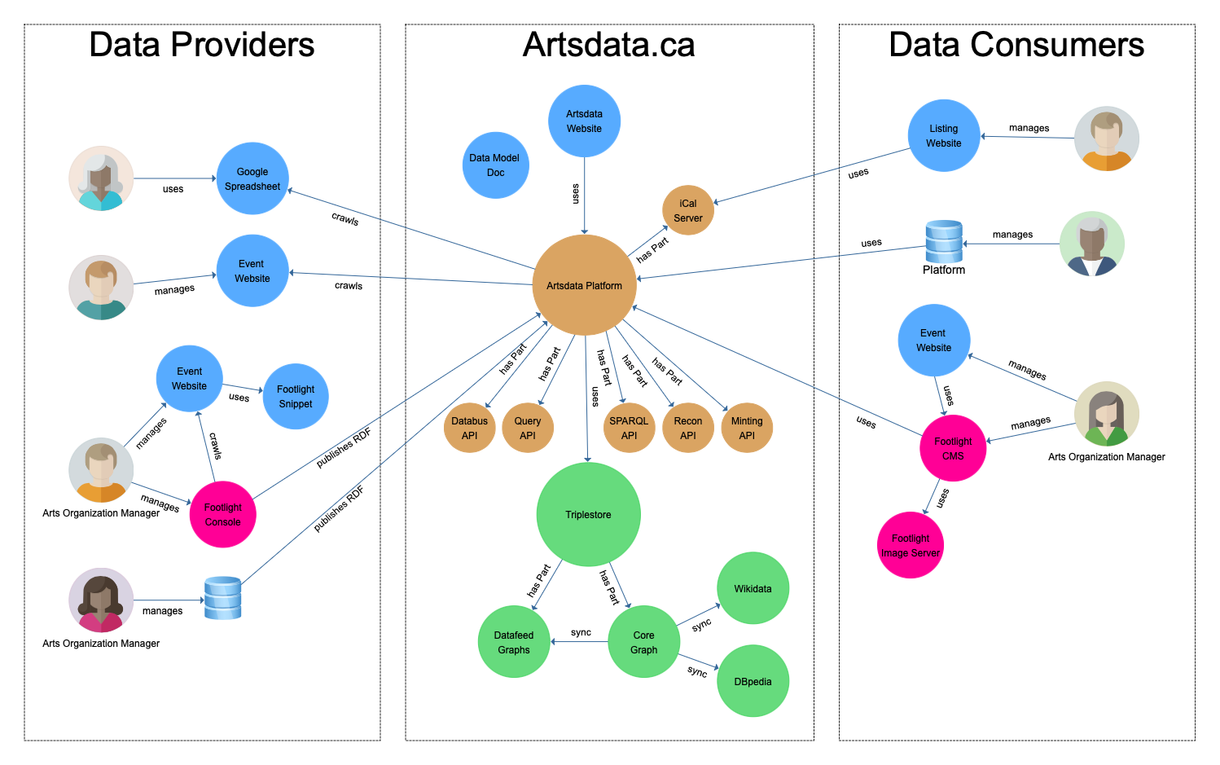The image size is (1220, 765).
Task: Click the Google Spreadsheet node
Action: tap(252, 178)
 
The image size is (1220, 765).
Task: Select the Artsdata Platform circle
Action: tap(584, 285)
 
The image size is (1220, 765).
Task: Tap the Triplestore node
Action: tap(588, 514)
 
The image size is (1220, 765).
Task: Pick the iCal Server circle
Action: tap(688, 210)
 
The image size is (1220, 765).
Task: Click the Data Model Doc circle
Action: tap(495, 165)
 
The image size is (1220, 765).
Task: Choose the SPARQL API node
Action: tap(629, 428)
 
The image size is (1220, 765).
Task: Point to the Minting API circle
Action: tap(747, 428)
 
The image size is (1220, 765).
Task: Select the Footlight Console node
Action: tap(222, 514)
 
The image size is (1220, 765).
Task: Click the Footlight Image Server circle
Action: tap(911, 545)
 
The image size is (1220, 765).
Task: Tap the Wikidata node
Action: tap(753, 588)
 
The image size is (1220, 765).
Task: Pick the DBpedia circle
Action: tap(753, 681)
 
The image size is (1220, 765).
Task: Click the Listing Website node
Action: tap(944, 135)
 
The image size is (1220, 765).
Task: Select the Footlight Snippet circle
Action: tap(296, 397)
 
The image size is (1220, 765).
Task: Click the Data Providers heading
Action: tap(201, 45)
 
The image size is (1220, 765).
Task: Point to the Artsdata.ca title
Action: tap(608, 45)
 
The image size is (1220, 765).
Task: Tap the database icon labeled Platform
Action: tap(944, 241)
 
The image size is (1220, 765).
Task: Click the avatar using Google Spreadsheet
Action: tap(101, 178)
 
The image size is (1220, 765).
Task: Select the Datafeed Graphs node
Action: tap(514, 642)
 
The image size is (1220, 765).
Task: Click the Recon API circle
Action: tap(688, 428)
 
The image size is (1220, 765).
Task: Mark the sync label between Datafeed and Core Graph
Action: tap(581, 632)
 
